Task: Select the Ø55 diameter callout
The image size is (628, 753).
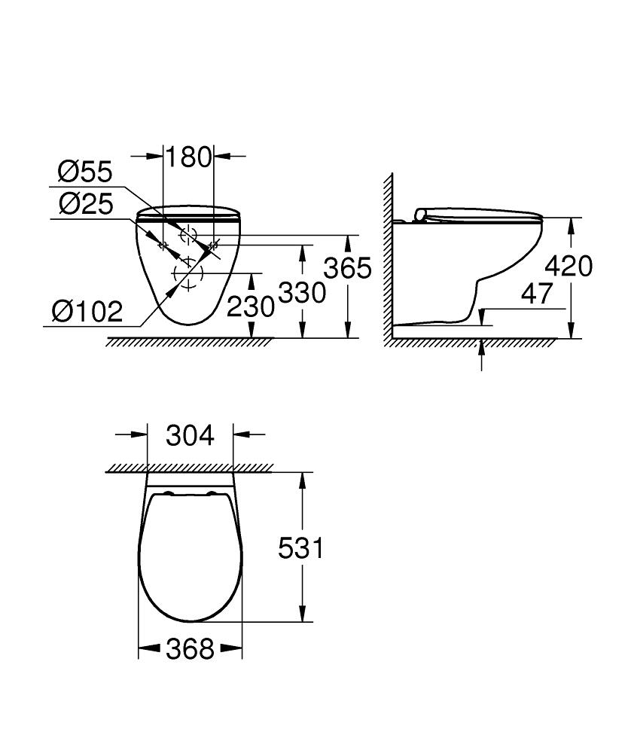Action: click(x=85, y=173)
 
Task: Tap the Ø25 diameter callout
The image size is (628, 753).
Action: click(x=85, y=203)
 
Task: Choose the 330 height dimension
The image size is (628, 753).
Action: click(x=302, y=292)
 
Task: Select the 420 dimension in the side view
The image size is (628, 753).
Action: click(x=569, y=266)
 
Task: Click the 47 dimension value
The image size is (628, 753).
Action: click(x=537, y=294)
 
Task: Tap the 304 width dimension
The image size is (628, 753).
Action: click(x=190, y=435)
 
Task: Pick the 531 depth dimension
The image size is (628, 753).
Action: click(x=301, y=548)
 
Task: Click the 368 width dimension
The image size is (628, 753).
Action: click(x=190, y=648)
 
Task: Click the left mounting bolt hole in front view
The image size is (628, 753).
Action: click(x=161, y=244)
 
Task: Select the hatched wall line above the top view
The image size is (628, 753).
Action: click(x=188, y=468)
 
